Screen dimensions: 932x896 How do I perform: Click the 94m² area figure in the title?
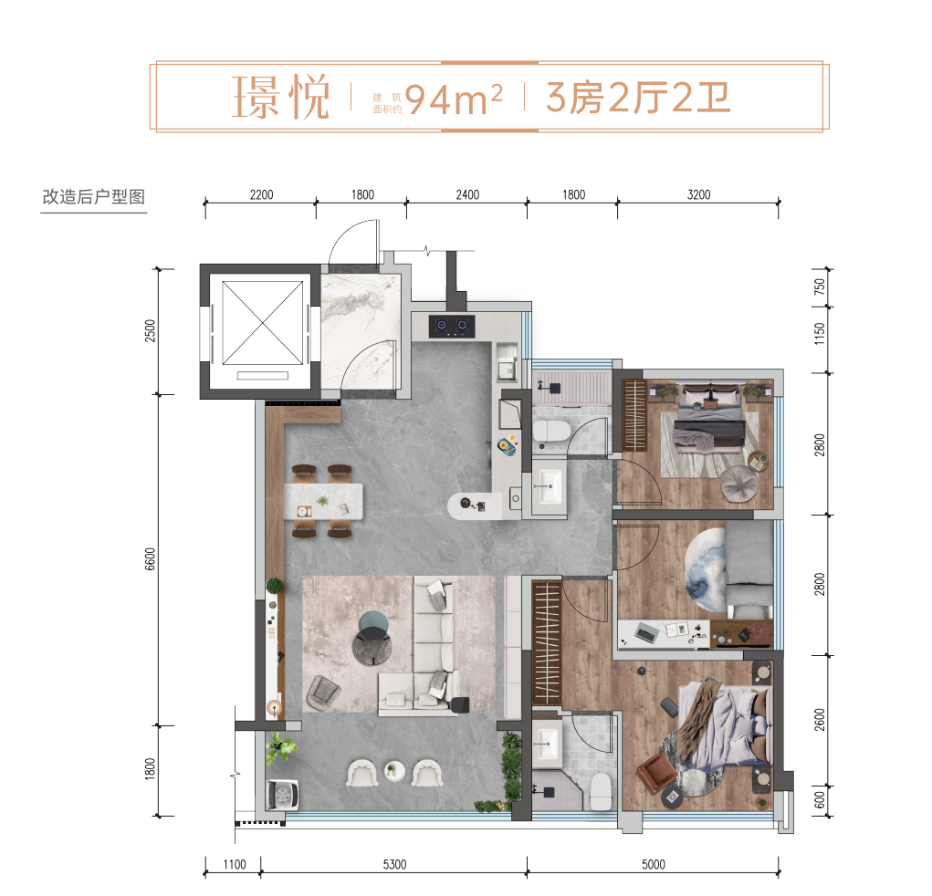tap(454, 99)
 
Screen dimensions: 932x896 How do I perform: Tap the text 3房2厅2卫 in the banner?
tap(638, 98)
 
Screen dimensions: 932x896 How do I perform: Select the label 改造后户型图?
tap(94, 197)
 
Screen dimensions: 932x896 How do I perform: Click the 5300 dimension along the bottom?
tap(394, 864)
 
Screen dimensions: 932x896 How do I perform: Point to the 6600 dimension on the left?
tap(150, 559)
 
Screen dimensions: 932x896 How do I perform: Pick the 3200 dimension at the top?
tap(698, 195)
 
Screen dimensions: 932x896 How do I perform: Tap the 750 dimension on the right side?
tap(820, 287)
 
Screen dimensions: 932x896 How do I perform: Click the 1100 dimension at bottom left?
tap(235, 864)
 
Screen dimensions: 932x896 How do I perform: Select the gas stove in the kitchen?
tap(452, 326)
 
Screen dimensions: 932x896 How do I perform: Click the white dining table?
tap(323, 502)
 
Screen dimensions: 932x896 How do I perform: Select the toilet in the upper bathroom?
tap(551, 430)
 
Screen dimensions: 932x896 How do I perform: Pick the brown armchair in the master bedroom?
tap(656, 775)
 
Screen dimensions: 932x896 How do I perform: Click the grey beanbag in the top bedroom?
tap(739, 483)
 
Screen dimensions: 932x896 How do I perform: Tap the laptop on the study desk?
tap(646, 633)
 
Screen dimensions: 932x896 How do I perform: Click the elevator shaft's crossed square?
tap(262, 323)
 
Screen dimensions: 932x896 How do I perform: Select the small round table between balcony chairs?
tap(394, 772)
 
